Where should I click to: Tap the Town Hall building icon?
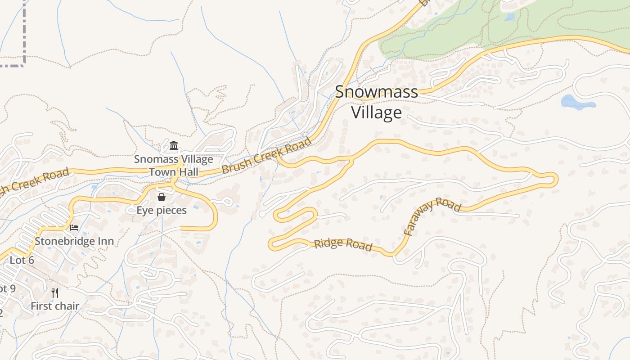(174, 146)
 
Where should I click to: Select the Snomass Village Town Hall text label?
(173, 165)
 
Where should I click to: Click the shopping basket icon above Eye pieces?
(162, 197)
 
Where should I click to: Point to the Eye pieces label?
(162, 210)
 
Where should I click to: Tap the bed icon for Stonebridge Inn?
(74, 228)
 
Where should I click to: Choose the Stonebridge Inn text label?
(74, 241)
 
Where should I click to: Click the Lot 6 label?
(22, 260)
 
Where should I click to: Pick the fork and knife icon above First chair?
(55, 293)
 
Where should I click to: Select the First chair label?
(55, 306)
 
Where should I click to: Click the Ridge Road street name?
(343, 244)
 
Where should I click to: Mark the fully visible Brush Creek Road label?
(267, 156)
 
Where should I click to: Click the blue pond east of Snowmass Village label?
(576, 103)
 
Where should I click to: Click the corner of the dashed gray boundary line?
(23, 65)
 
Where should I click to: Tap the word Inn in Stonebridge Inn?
(105, 241)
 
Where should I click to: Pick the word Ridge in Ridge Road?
(326, 243)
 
